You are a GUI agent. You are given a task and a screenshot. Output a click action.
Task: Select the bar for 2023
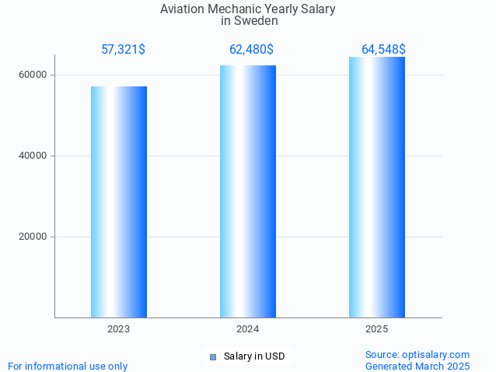point(119,202)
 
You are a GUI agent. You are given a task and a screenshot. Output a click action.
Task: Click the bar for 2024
point(248,191)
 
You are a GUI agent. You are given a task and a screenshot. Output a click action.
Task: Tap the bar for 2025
point(377,187)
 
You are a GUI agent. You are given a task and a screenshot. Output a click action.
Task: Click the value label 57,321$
point(123,50)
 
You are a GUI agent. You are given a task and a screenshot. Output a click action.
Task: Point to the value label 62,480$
point(251,50)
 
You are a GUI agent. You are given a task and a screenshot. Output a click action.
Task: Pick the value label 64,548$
point(383,50)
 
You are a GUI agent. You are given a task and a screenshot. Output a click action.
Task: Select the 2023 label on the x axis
point(119,330)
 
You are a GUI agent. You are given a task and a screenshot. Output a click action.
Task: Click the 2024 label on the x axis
point(248,330)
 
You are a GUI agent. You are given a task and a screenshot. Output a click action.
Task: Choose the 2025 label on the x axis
point(377,330)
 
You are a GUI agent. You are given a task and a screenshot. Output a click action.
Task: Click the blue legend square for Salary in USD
point(213,357)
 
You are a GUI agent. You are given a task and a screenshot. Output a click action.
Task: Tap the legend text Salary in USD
point(254,357)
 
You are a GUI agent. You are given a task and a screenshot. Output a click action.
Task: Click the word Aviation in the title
point(183,9)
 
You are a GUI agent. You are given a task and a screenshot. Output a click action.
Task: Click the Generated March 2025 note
point(417,366)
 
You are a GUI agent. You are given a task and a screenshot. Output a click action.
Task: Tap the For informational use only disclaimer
point(68,366)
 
